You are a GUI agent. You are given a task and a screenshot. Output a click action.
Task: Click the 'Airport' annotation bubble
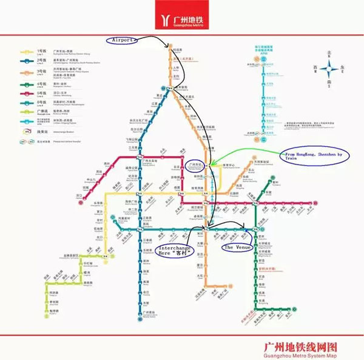point(123,39)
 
